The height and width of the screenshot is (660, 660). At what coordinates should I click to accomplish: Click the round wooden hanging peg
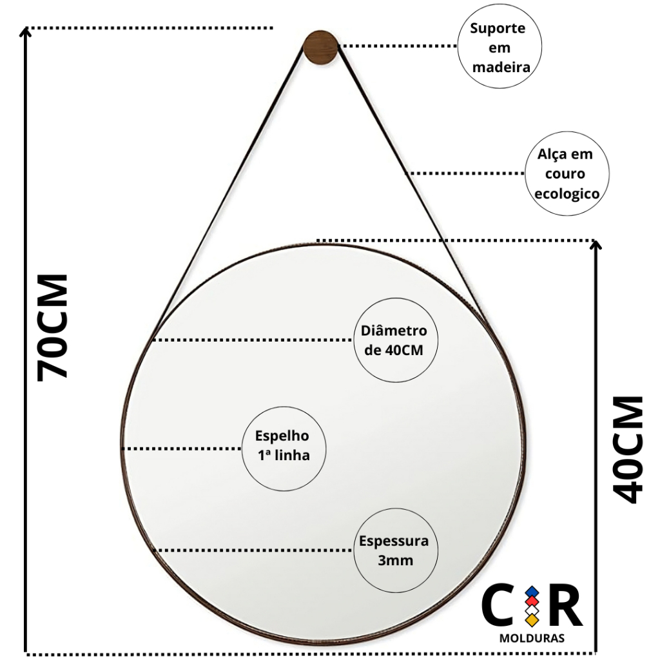pyautogui.click(x=320, y=48)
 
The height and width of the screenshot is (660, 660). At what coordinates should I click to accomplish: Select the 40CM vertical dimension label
pyautogui.click(x=628, y=449)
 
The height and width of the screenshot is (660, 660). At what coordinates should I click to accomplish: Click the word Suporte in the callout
pyautogui.click(x=498, y=28)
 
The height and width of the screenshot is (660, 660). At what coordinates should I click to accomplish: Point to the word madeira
pyautogui.click(x=501, y=67)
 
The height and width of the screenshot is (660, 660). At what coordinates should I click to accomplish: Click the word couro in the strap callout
pyautogui.click(x=565, y=174)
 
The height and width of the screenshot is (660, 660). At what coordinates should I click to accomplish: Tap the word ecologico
pyautogui.click(x=567, y=193)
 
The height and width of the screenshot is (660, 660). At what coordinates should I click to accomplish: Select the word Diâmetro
pyautogui.click(x=394, y=331)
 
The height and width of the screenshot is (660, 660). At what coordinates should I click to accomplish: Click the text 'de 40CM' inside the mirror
pyautogui.click(x=394, y=350)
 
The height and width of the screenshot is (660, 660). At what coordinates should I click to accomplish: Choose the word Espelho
pyautogui.click(x=282, y=436)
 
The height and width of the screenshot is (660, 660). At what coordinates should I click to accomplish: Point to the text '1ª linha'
pyautogui.click(x=284, y=455)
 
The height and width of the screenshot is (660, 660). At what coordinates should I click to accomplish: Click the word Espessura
pyautogui.click(x=394, y=541)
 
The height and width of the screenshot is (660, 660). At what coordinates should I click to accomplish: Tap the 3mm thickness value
pyautogui.click(x=395, y=560)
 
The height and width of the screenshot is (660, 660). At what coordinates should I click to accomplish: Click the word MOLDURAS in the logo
pyautogui.click(x=532, y=639)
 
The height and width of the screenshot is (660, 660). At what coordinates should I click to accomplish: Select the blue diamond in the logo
pyautogui.click(x=532, y=592)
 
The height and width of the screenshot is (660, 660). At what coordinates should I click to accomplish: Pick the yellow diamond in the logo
pyautogui.click(x=532, y=619)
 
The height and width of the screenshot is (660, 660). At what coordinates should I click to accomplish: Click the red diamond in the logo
pyautogui.click(x=532, y=601)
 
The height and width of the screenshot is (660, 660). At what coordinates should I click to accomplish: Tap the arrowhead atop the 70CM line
pyautogui.click(x=26, y=32)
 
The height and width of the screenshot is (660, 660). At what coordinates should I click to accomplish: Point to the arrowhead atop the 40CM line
pyautogui.click(x=595, y=244)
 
